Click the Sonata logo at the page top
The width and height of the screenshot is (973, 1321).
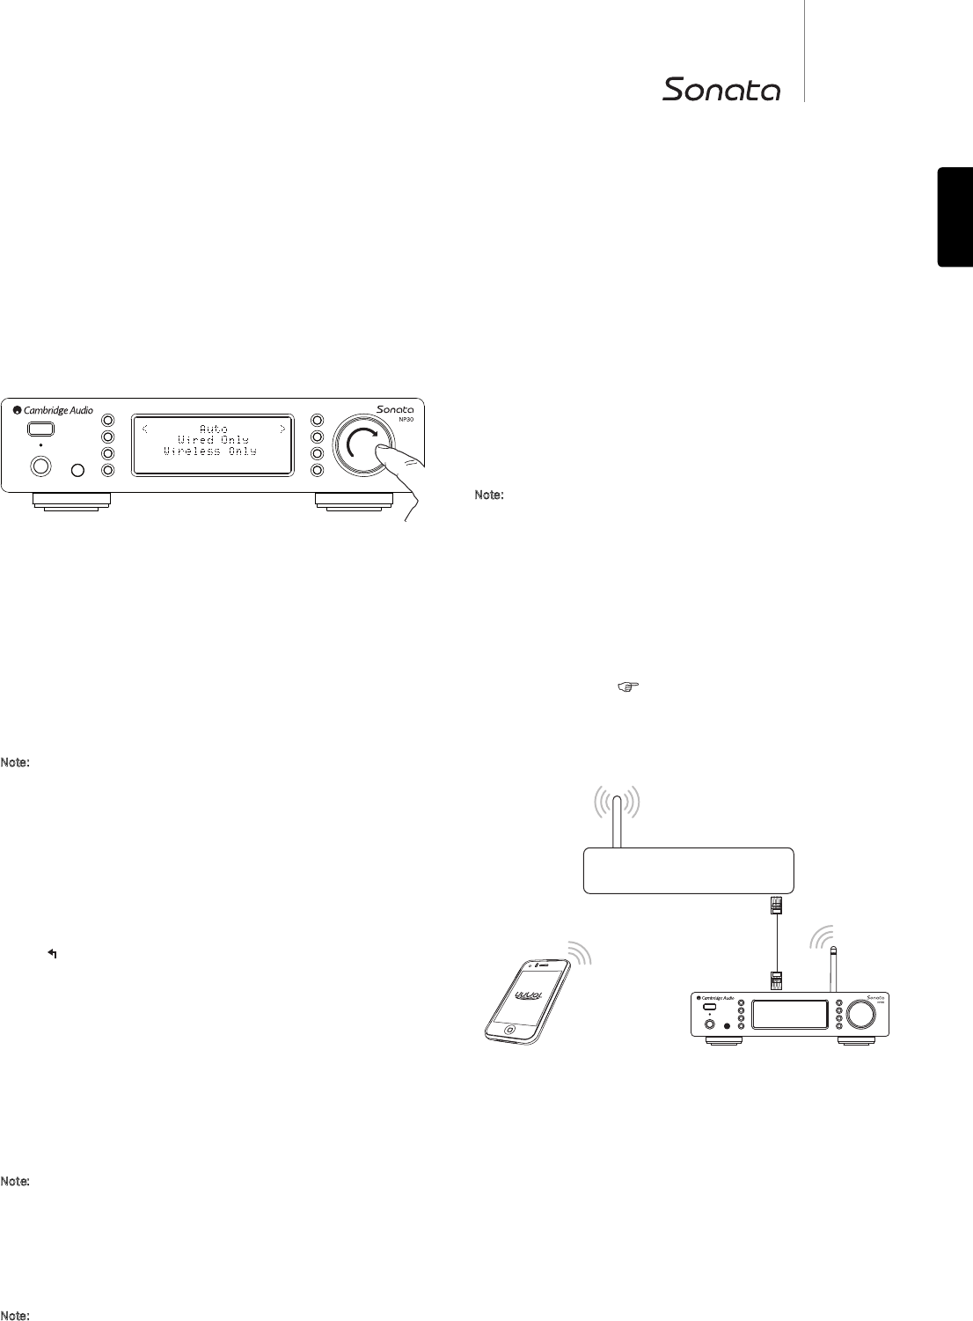721,90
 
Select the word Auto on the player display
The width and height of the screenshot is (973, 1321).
213,429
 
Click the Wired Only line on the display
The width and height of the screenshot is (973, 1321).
213,439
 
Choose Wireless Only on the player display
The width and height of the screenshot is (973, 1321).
210,451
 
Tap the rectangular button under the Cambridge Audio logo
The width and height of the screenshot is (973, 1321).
40,429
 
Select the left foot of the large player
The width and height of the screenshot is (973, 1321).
72,501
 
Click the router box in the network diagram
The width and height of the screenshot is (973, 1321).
689,870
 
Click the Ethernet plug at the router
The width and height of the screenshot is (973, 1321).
777,906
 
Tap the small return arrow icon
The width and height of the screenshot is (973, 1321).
53,953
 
